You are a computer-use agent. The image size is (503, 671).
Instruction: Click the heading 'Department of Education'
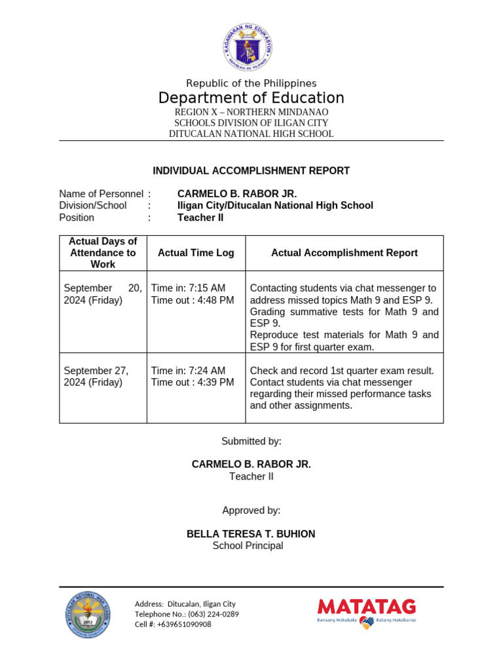click(x=251, y=98)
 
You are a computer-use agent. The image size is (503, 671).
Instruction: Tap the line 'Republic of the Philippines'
click(x=251, y=83)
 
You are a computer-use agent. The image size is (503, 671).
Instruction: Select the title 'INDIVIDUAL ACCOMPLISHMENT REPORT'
click(x=251, y=171)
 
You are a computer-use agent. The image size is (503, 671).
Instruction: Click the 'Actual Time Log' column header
click(x=196, y=253)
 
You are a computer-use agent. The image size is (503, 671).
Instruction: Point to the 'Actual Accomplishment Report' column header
click(x=345, y=253)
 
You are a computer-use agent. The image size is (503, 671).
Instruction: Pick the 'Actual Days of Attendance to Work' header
click(x=103, y=253)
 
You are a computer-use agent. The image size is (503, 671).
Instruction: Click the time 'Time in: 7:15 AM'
click(x=188, y=288)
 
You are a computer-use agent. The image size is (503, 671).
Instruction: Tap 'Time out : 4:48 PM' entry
click(x=192, y=300)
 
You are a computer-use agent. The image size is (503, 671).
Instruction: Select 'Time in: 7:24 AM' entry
click(x=188, y=371)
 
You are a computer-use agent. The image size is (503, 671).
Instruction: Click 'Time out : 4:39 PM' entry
click(x=192, y=383)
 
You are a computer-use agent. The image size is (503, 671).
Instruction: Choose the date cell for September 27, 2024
click(x=96, y=377)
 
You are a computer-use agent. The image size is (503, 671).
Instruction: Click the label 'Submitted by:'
click(x=251, y=442)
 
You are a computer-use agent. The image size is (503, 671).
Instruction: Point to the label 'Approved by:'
click(x=251, y=510)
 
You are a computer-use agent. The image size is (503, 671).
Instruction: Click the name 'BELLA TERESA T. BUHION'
click(x=251, y=534)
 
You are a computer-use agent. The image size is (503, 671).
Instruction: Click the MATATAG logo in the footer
click(x=367, y=612)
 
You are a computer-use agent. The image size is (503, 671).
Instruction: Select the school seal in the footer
click(x=88, y=615)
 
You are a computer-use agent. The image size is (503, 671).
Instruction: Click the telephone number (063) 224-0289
click(x=214, y=615)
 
